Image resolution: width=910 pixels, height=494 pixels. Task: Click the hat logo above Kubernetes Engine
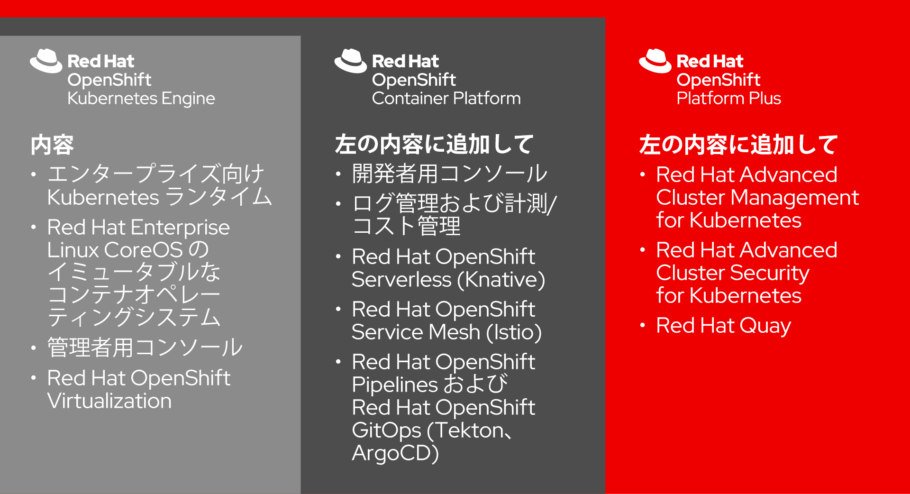(46, 61)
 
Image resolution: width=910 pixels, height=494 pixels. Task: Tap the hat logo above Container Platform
(351, 61)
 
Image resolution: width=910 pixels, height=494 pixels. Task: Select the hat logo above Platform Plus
(655, 61)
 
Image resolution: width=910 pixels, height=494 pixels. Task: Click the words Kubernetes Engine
(141, 99)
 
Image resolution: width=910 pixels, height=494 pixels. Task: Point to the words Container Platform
(446, 98)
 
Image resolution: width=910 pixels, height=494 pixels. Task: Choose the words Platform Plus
(729, 98)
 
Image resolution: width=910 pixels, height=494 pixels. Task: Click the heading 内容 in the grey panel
(52, 145)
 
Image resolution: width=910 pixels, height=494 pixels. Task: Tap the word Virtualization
(109, 401)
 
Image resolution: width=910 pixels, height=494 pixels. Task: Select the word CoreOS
(144, 250)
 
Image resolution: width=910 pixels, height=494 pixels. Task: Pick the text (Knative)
(501, 280)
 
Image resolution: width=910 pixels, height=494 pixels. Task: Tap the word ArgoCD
(395, 453)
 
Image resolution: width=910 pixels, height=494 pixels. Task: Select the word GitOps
(386, 431)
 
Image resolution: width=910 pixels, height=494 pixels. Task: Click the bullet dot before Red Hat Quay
(643, 325)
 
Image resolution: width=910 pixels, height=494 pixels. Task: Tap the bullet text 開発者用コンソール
(450, 174)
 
